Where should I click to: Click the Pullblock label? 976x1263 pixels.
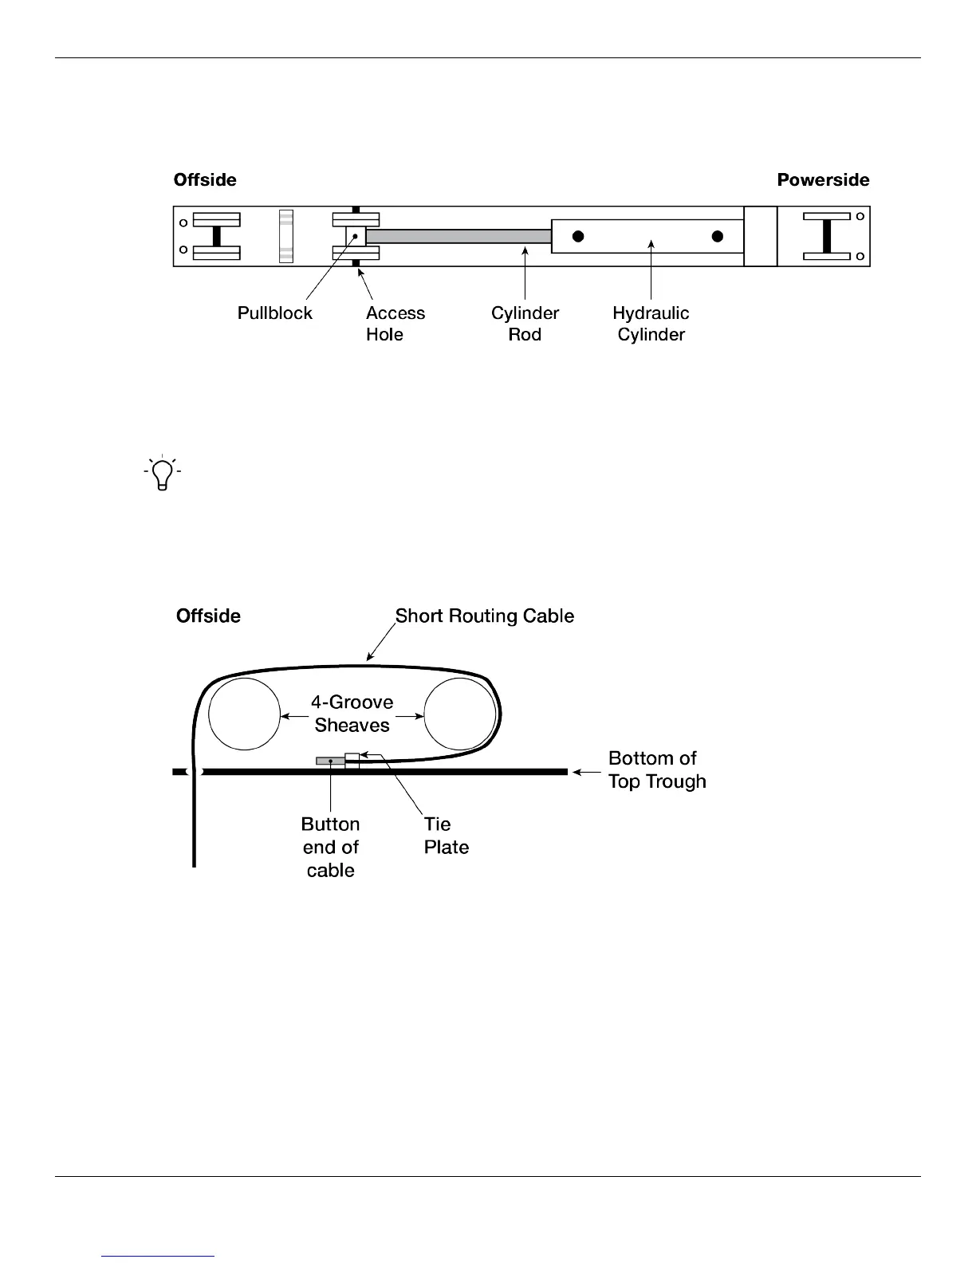pyautogui.click(x=274, y=313)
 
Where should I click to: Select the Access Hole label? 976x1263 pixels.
pyautogui.click(x=395, y=324)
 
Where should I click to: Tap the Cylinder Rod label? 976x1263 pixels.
pyautogui.click(x=525, y=324)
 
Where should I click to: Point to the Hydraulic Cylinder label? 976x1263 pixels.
pyautogui.click(x=651, y=324)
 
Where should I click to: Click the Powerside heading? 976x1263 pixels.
pyautogui.click(x=823, y=180)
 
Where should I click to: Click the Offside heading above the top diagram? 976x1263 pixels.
pyautogui.click(x=205, y=180)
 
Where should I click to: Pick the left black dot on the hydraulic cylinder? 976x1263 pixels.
pyautogui.click(x=578, y=236)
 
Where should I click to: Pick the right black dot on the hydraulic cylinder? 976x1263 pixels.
pyautogui.click(x=718, y=236)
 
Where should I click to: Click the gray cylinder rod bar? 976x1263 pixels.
pyautogui.click(x=458, y=236)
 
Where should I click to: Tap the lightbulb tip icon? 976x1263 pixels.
pyautogui.click(x=163, y=473)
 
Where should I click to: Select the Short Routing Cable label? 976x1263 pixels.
pyautogui.click(x=485, y=616)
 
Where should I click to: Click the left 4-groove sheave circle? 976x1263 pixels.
pyautogui.click(x=245, y=714)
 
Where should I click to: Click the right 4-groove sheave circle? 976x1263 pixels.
pyautogui.click(x=460, y=714)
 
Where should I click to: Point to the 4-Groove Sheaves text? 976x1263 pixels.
pyautogui.click(x=352, y=714)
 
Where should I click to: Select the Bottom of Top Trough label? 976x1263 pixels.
pyautogui.click(x=657, y=769)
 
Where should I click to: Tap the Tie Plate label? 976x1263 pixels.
pyautogui.click(x=446, y=836)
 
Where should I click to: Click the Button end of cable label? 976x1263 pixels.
pyautogui.click(x=330, y=847)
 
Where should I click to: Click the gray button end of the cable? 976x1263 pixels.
pyautogui.click(x=330, y=761)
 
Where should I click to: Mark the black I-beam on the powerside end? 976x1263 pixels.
pyautogui.click(x=826, y=236)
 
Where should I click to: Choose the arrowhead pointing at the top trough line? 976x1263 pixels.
pyautogui.click(x=578, y=772)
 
